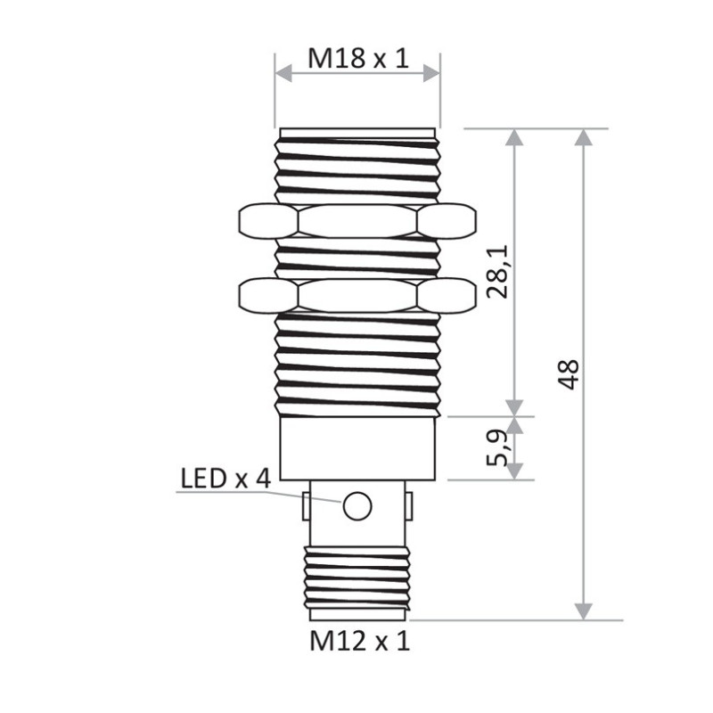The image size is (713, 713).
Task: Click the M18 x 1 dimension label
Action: (357, 59)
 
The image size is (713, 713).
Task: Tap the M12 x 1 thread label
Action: (359, 641)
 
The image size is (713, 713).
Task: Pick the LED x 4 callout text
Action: (225, 479)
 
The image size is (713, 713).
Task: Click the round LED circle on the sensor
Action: (356, 505)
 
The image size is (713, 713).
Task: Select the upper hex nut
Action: (356, 221)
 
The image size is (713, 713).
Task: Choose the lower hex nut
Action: (356, 296)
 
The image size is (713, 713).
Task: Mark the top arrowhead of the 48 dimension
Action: (584, 137)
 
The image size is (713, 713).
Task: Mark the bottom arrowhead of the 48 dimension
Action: (584, 611)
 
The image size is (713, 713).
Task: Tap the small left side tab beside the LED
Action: (306, 506)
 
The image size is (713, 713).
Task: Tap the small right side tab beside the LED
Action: (409, 506)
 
